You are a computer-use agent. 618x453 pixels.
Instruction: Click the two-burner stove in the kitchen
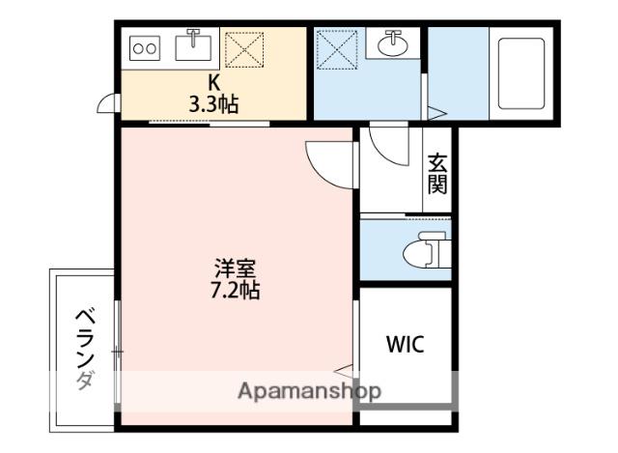[x=145, y=48]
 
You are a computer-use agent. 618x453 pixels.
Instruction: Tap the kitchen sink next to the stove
[x=193, y=47]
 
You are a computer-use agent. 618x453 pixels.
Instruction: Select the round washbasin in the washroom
[x=393, y=43]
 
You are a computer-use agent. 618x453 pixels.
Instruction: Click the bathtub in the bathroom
[x=521, y=73]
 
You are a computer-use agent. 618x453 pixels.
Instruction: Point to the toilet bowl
[x=427, y=251]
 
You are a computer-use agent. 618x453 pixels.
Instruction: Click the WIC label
[x=405, y=344]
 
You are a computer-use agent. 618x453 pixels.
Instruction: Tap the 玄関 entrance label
[x=437, y=174]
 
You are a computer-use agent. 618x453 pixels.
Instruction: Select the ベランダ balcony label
[x=86, y=349]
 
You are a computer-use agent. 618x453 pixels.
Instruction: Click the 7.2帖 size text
[x=236, y=291]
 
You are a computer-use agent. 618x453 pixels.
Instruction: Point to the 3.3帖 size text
[x=213, y=104]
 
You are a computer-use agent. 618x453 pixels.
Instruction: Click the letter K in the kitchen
[x=213, y=83]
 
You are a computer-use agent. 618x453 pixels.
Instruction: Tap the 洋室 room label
[x=236, y=269]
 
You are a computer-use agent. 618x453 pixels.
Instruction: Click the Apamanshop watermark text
[x=309, y=391]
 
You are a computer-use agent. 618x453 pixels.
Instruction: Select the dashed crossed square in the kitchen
[x=244, y=49]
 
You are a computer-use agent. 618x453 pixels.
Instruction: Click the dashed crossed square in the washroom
[x=337, y=49]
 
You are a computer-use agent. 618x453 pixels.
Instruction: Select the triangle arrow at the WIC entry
[x=345, y=371]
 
